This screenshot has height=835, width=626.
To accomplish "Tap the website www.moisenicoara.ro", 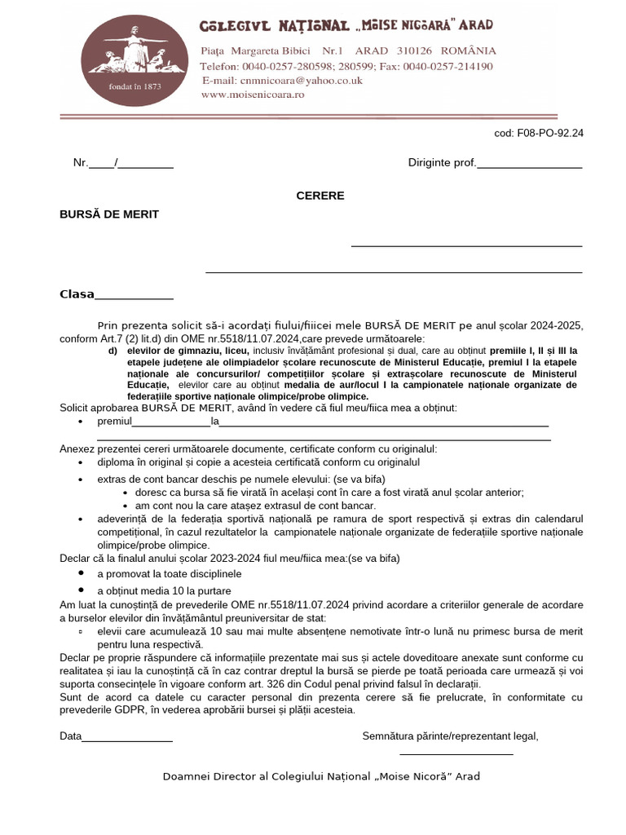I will tap(253, 95).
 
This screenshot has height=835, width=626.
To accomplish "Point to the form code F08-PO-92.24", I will tap(539, 133).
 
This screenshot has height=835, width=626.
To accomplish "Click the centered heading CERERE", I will tap(320, 196).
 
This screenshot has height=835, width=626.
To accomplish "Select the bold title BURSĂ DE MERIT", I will tap(109, 214).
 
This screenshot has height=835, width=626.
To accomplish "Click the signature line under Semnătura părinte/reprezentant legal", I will tap(457, 753).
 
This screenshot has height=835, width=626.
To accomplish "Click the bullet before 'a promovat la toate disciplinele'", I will tap(81, 573).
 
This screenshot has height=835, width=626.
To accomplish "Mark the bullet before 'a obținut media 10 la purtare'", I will tap(81, 589).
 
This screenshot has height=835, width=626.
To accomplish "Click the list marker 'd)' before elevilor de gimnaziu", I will tap(112, 351).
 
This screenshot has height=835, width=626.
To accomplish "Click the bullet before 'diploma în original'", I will tap(81, 462).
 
